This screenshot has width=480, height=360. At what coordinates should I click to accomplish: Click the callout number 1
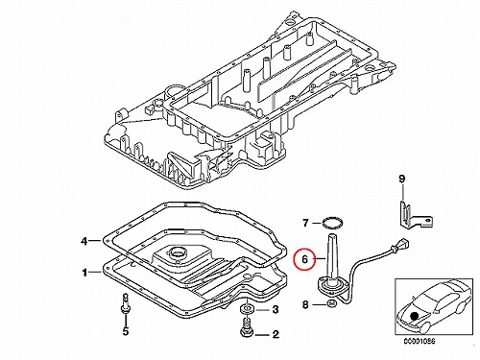click(x=84, y=273)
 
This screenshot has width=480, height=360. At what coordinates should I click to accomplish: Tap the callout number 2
click(x=276, y=335)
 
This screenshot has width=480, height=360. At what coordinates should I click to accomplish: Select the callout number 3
click(x=276, y=309)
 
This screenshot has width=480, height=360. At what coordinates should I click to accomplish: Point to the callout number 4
click(x=84, y=241)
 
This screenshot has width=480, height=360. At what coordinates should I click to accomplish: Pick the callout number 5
click(x=126, y=331)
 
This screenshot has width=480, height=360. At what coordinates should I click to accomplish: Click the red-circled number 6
click(x=304, y=259)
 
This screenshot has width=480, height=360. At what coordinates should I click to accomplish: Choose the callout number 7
click(x=305, y=223)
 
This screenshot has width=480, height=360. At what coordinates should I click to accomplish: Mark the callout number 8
click(x=305, y=304)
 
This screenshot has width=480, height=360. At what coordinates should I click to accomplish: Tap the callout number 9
click(x=402, y=179)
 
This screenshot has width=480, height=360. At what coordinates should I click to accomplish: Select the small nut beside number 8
click(x=331, y=303)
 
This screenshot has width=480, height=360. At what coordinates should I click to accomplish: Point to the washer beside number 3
click(x=247, y=309)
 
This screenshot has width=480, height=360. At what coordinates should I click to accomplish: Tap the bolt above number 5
click(x=125, y=301)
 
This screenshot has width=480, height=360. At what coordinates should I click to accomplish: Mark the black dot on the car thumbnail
click(x=415, y=316)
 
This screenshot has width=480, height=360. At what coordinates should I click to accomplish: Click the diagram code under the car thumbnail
click(x=420, y=341)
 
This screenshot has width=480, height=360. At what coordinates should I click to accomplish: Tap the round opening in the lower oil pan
click(x=177, y=253)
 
